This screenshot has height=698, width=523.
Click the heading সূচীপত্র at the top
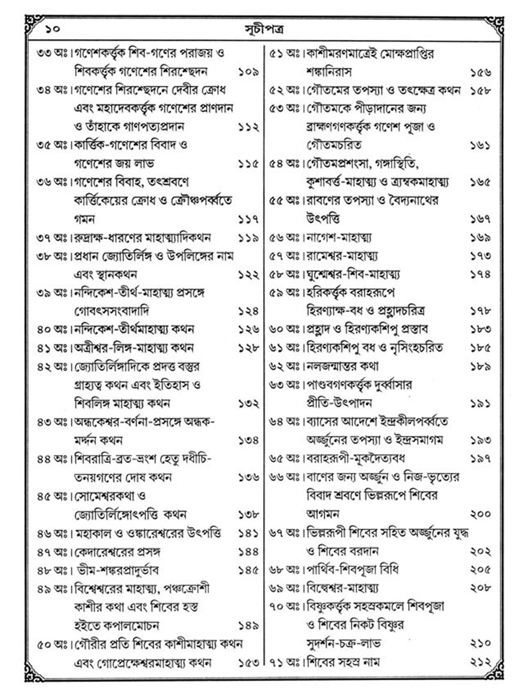pos(264,30)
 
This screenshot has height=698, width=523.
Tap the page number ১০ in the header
pos(52,29)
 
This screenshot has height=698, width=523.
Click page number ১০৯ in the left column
pos(248,72)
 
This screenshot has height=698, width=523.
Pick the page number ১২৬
pos(248,329)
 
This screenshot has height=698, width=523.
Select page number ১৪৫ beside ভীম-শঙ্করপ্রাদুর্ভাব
pos(248,571)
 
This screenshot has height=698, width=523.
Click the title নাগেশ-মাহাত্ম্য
pos(339,238)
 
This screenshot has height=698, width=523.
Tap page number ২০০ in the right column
pos(480,514)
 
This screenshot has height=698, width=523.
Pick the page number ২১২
pos(480,662)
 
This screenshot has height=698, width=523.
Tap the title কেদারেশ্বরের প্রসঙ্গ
pos(117,552)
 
